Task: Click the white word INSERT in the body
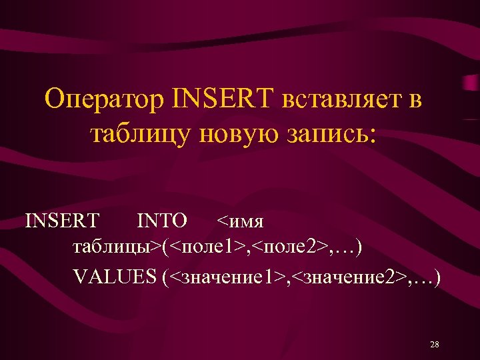coord(62,219)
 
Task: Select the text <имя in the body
coord(241,219)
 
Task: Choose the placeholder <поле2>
coord(289,248)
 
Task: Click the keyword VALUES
coord(114,277)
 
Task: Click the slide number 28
coord(435,344)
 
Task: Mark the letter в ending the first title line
coord(415,101)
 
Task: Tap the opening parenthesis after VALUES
coord(164,277)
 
